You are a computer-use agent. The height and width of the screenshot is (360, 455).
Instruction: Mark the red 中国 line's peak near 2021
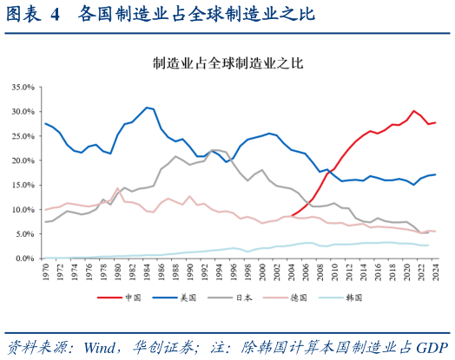point(414,111)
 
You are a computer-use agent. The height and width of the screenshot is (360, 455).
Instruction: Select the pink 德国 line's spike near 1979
point(117,188)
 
